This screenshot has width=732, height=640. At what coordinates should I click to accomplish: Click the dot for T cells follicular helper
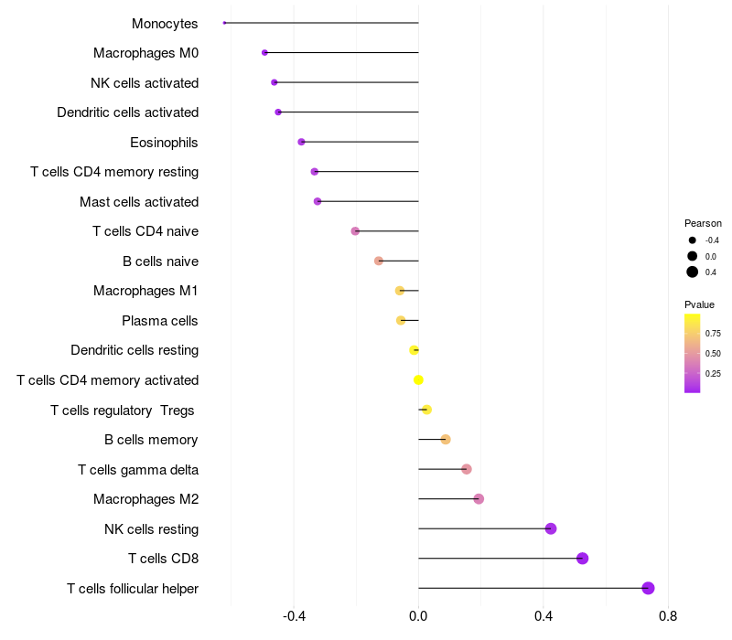click(x=648, y=588)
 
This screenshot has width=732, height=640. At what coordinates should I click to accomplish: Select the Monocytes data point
click(x=224, y=23)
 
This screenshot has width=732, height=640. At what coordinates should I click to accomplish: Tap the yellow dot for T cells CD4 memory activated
click(x=419, y=379)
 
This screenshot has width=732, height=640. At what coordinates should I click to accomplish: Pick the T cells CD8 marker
click(x=582, y=559)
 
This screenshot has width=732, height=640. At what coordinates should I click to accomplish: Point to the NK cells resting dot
click(x=551, y=528)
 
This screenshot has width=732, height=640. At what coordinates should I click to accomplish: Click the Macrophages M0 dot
click(x=264, y=53)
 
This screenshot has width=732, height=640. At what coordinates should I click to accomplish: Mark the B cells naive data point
click(x=379, y=261)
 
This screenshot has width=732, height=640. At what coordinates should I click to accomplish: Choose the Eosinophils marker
click(x=301, y=142)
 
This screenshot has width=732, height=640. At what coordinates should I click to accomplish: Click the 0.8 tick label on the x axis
click(x=668, y=617)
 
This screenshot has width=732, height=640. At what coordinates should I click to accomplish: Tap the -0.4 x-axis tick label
click(x=294, y=617)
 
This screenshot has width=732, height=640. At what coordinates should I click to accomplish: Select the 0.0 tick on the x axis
click(x=418, y=617)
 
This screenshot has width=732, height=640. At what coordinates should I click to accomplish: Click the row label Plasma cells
click(x=160, y=321)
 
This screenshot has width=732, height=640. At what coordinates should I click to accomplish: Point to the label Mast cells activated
click(x=139, y=202)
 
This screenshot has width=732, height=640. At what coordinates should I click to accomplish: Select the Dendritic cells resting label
click(x=135, y=350)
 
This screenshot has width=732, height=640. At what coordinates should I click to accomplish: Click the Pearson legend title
click(x=703, y=223)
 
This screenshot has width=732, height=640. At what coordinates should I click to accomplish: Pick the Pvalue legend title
click(x=700, y=304)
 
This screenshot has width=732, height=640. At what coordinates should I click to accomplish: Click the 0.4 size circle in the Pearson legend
click(x=693, y=272)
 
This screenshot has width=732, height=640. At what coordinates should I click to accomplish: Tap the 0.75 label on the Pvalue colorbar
click(x=713, y=333)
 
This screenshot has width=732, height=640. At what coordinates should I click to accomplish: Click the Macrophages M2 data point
click(x=479, y=499)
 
